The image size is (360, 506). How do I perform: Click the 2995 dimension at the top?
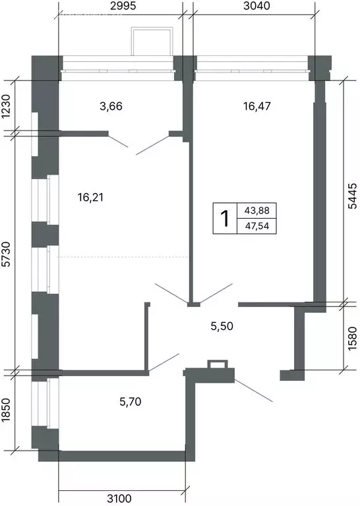[122, 6]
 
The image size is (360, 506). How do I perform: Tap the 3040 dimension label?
[256, 6]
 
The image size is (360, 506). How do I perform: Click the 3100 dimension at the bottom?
[119, 498]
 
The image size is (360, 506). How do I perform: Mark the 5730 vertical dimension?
[7, 254]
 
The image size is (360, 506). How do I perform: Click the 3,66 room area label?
[111, 106]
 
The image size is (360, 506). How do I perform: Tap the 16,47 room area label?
[257, 106]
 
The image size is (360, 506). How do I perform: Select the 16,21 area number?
[90, 197]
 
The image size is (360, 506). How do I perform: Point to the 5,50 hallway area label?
[222, 326]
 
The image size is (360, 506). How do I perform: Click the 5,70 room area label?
[130, 402]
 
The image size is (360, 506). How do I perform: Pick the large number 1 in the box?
[225, 218]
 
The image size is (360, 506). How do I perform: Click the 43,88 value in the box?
[257, 210]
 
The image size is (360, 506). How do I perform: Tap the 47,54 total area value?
[257, 225]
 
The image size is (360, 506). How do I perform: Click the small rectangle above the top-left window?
[152, 42]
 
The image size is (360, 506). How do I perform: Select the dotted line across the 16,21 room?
[123, 257]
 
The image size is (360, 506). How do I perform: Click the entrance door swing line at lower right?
[253, 391]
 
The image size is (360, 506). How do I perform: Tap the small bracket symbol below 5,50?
[218, 364]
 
